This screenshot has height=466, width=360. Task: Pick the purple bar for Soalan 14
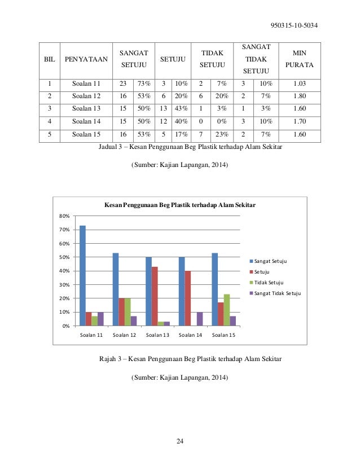[x=200, y=319]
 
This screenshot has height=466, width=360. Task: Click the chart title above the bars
[x=179, y=206]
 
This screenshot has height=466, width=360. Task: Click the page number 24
[x=180, y=441]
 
